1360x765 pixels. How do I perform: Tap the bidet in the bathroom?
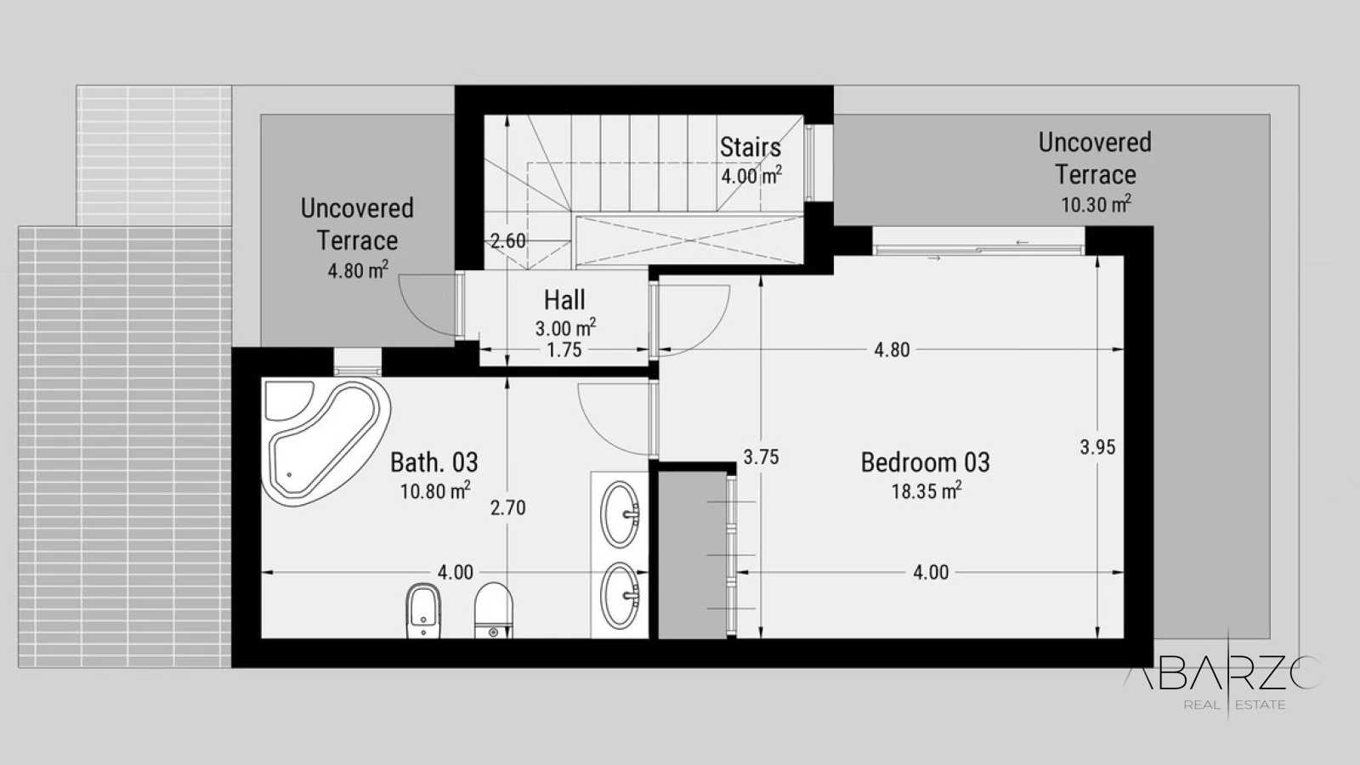(x=423, y=610)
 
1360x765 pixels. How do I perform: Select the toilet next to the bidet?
(x=493, y=610)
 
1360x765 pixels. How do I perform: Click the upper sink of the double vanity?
(x=620, y=514)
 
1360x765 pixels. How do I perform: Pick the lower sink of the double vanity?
(x=620, y=596)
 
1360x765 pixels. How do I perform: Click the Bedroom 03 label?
(x=926, y=462)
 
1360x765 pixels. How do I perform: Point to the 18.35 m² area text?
(x=926, y=490)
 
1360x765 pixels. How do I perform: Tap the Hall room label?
(x=564, y=300)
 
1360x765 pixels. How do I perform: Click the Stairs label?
(x=751, y=148)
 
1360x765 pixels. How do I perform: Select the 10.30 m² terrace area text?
(x=1096, y=204)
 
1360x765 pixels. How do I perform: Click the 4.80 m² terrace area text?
(x=358, y=269)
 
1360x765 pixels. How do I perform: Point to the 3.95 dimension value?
(x=1097, y=447)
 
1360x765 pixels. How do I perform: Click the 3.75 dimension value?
(x=762, y=457)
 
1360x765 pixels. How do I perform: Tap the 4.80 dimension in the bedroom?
(x=892, y=349)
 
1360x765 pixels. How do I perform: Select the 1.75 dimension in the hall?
(x=564, y=350)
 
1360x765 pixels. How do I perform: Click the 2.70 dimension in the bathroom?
(x=508, y=507)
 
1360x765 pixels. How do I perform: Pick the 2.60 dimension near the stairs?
(x=508, y=241)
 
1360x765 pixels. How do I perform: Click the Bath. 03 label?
(x=434, y=462)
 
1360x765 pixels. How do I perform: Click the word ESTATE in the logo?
(x=1261, y=705)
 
